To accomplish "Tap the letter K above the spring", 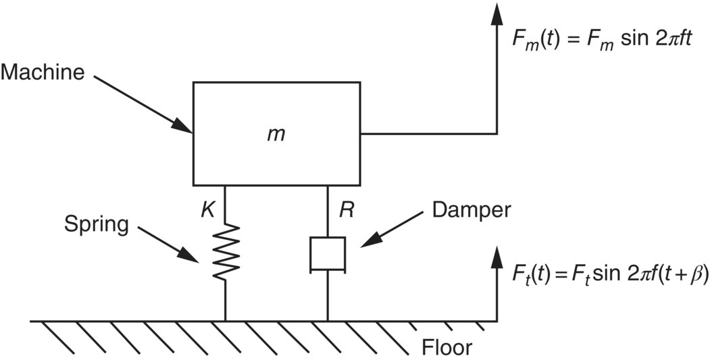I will coord(209,209).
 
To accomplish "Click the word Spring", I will coord(96,224).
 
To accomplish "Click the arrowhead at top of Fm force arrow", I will coord(497,14).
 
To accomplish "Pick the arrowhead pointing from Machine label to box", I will coord(182,126).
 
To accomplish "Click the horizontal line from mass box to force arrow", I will coord(429,134).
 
